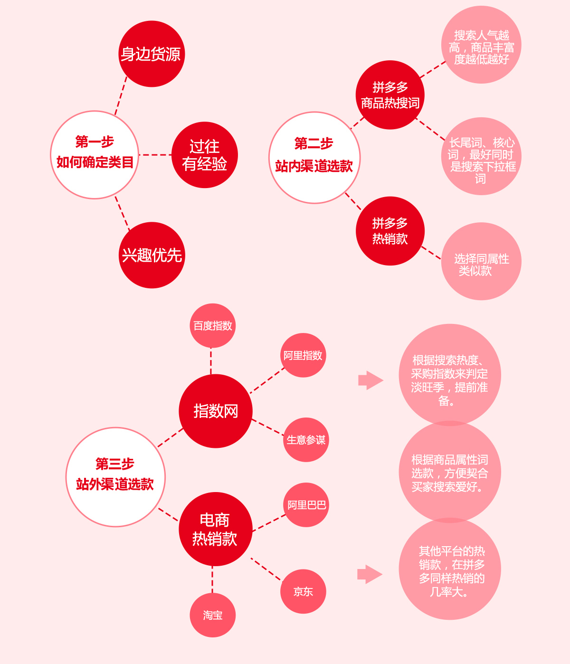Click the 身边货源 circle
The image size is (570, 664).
coord(152,54)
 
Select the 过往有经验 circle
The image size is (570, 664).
coord(205,155)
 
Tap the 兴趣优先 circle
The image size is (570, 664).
coord(152,255)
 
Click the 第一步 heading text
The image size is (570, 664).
coord(95,142)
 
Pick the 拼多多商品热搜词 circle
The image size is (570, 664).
coord(390,95)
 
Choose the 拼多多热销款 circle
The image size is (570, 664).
coord(390,231)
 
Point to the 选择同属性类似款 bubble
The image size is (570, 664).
coord(481,261)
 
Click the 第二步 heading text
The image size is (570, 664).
coord(313,143)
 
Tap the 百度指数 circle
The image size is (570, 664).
coord(212,325)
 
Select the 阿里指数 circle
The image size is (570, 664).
coord(303,355)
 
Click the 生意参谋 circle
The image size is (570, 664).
coord(306,439)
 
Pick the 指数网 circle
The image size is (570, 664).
coord(216,411)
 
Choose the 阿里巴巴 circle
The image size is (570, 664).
coord(306,505)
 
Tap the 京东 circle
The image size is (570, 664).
coord(304,591)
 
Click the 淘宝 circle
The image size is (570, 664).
coord(213,615)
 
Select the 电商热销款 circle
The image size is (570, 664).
coord(216,529)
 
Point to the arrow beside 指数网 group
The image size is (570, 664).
coord(371,380)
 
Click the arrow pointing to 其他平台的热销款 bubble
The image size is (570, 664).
coord(370,574)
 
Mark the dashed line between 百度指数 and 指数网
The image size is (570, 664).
coord(211,361)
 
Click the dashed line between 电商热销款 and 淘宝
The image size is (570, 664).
coord(212,580)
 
